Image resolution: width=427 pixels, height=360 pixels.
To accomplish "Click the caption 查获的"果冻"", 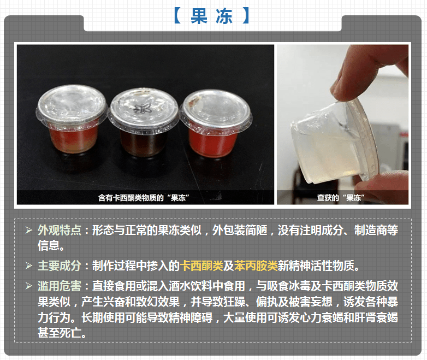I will tap(341, 197).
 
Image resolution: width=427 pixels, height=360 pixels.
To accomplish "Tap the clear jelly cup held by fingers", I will tap(322, 147).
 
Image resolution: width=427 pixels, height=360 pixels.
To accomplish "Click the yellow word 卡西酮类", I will tap(202, 266).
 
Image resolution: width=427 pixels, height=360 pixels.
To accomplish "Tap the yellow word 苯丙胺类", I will tap(256, 266).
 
